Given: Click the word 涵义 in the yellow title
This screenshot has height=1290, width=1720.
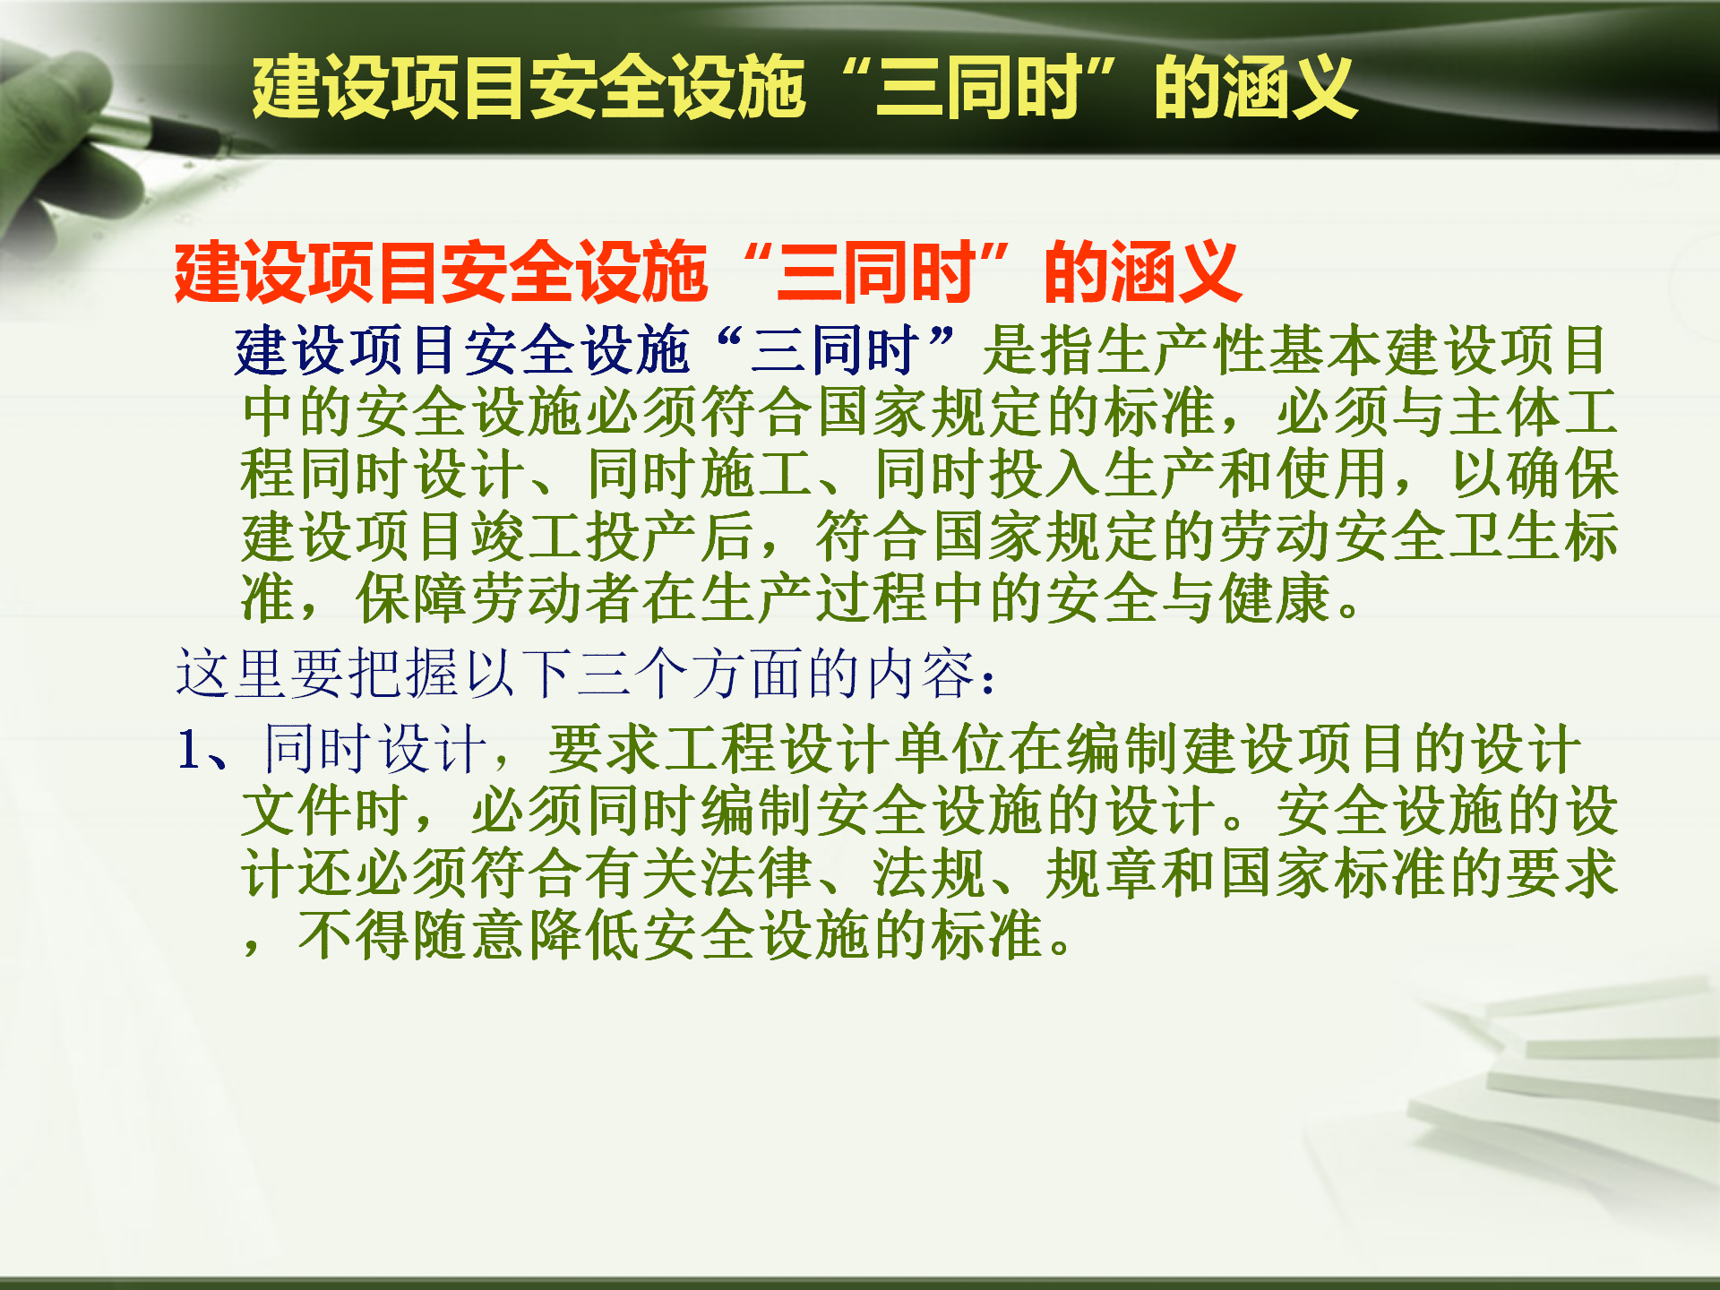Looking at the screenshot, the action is (x=1289, y=87).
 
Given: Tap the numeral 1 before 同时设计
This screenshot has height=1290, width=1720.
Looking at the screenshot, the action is (x=188, y=749).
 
